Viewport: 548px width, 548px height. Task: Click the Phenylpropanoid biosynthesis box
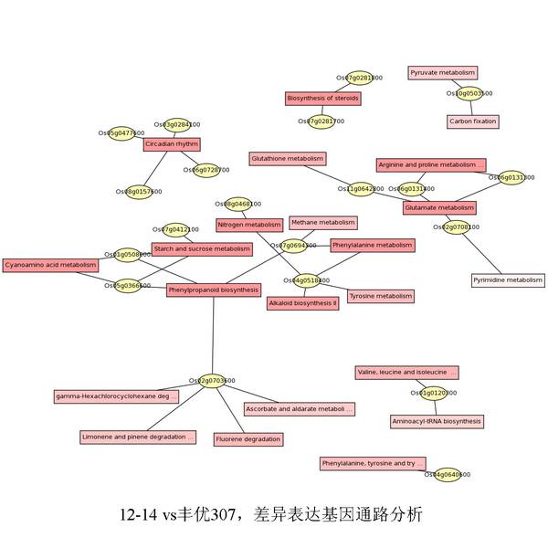point(214,290)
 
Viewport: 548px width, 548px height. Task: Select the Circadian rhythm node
point(171,143)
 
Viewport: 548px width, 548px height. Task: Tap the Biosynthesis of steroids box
point(323,98)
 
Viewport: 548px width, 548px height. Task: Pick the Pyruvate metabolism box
point(442,72)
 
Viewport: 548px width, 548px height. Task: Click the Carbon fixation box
point(473,121)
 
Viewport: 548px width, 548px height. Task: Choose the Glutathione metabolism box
point(288,158)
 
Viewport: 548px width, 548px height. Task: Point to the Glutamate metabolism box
point(439,207)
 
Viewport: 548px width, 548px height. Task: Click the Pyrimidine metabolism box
point(508,280)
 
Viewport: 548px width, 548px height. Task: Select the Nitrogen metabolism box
point(249,224)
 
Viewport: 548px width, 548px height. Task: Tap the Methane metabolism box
point(322,222)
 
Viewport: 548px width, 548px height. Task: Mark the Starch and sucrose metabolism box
point(202,248)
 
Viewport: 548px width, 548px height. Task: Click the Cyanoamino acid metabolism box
point(50,265)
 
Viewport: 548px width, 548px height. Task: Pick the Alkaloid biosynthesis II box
point(303,302)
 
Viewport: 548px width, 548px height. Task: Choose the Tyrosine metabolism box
point(381,296)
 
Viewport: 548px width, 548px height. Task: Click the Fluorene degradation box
point(248,439)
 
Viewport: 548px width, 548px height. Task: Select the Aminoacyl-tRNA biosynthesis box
point(436,421)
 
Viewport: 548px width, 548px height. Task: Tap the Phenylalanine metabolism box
point(373,245)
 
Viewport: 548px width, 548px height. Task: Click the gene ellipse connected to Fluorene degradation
point(212,380)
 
